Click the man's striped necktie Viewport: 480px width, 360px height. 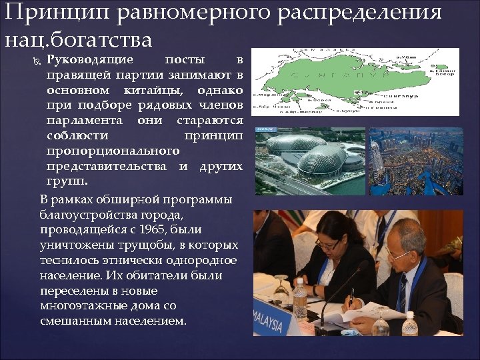pos(402,294)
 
